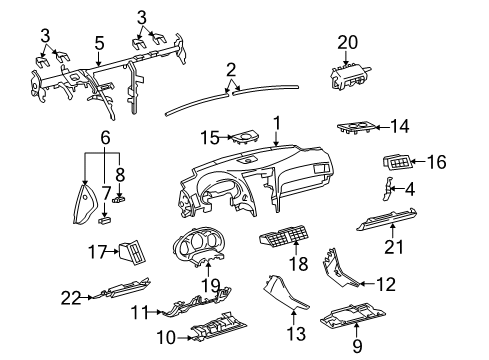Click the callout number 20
pos(347,41)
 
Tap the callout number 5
pos(98,43)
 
